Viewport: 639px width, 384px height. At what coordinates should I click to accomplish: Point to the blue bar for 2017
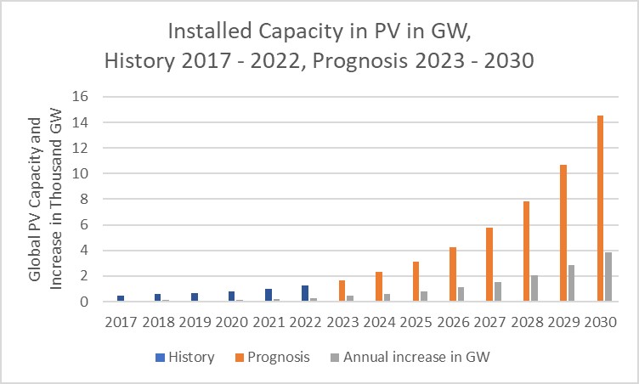[x=121, y=298]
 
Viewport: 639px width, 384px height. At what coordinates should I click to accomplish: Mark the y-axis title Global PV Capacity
[x=36, y=199]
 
